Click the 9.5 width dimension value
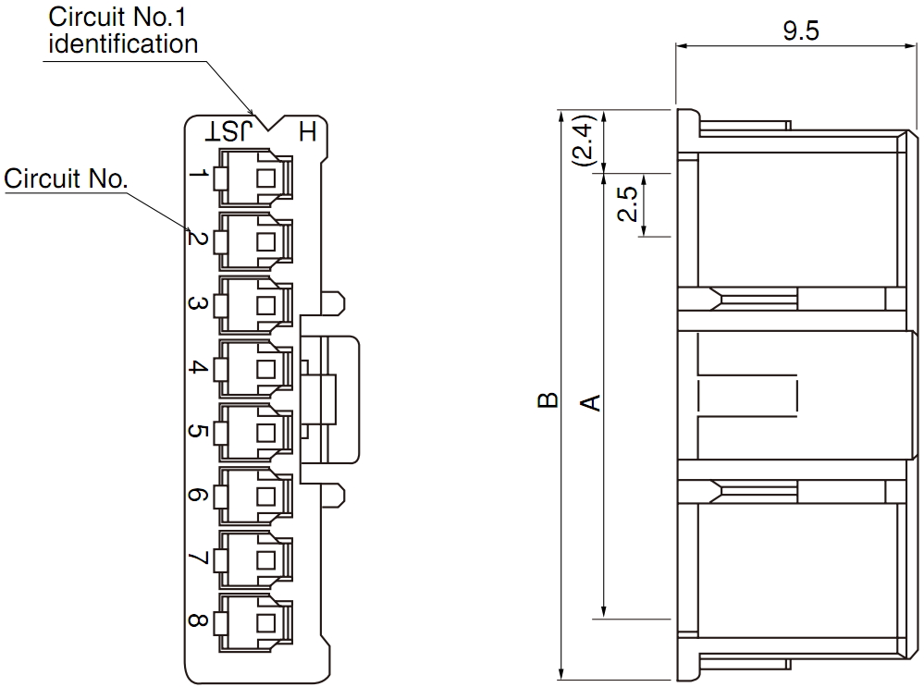click(801, 30)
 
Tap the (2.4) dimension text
click(585, 141)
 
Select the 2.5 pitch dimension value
click(627, 203)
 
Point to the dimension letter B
click(548, 400)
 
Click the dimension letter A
click(590, 402)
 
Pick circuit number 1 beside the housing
click(199, 175)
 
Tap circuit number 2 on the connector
click(198, 239)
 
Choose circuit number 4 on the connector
click(198, 367)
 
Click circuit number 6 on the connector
click(198, 495)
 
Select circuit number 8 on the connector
click(198, 620)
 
